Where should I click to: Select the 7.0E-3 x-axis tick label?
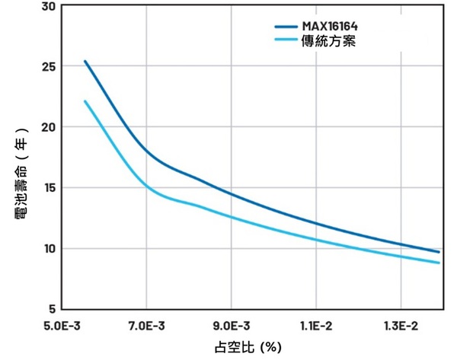[x=149, y=326]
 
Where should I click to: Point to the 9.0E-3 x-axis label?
[x=232, y=326]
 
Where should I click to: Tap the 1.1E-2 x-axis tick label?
[x=315, y=326]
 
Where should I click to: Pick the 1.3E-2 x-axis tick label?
[x=398, y=326]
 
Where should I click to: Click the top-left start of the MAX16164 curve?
[x=85, y=61]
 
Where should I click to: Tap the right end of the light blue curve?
[x=439, y=263]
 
